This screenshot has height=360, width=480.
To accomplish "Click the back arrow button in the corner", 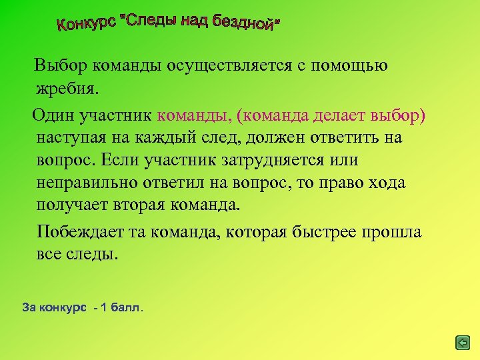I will (x=462, y=343).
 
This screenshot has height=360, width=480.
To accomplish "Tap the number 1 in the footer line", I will (x=103, y=308).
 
